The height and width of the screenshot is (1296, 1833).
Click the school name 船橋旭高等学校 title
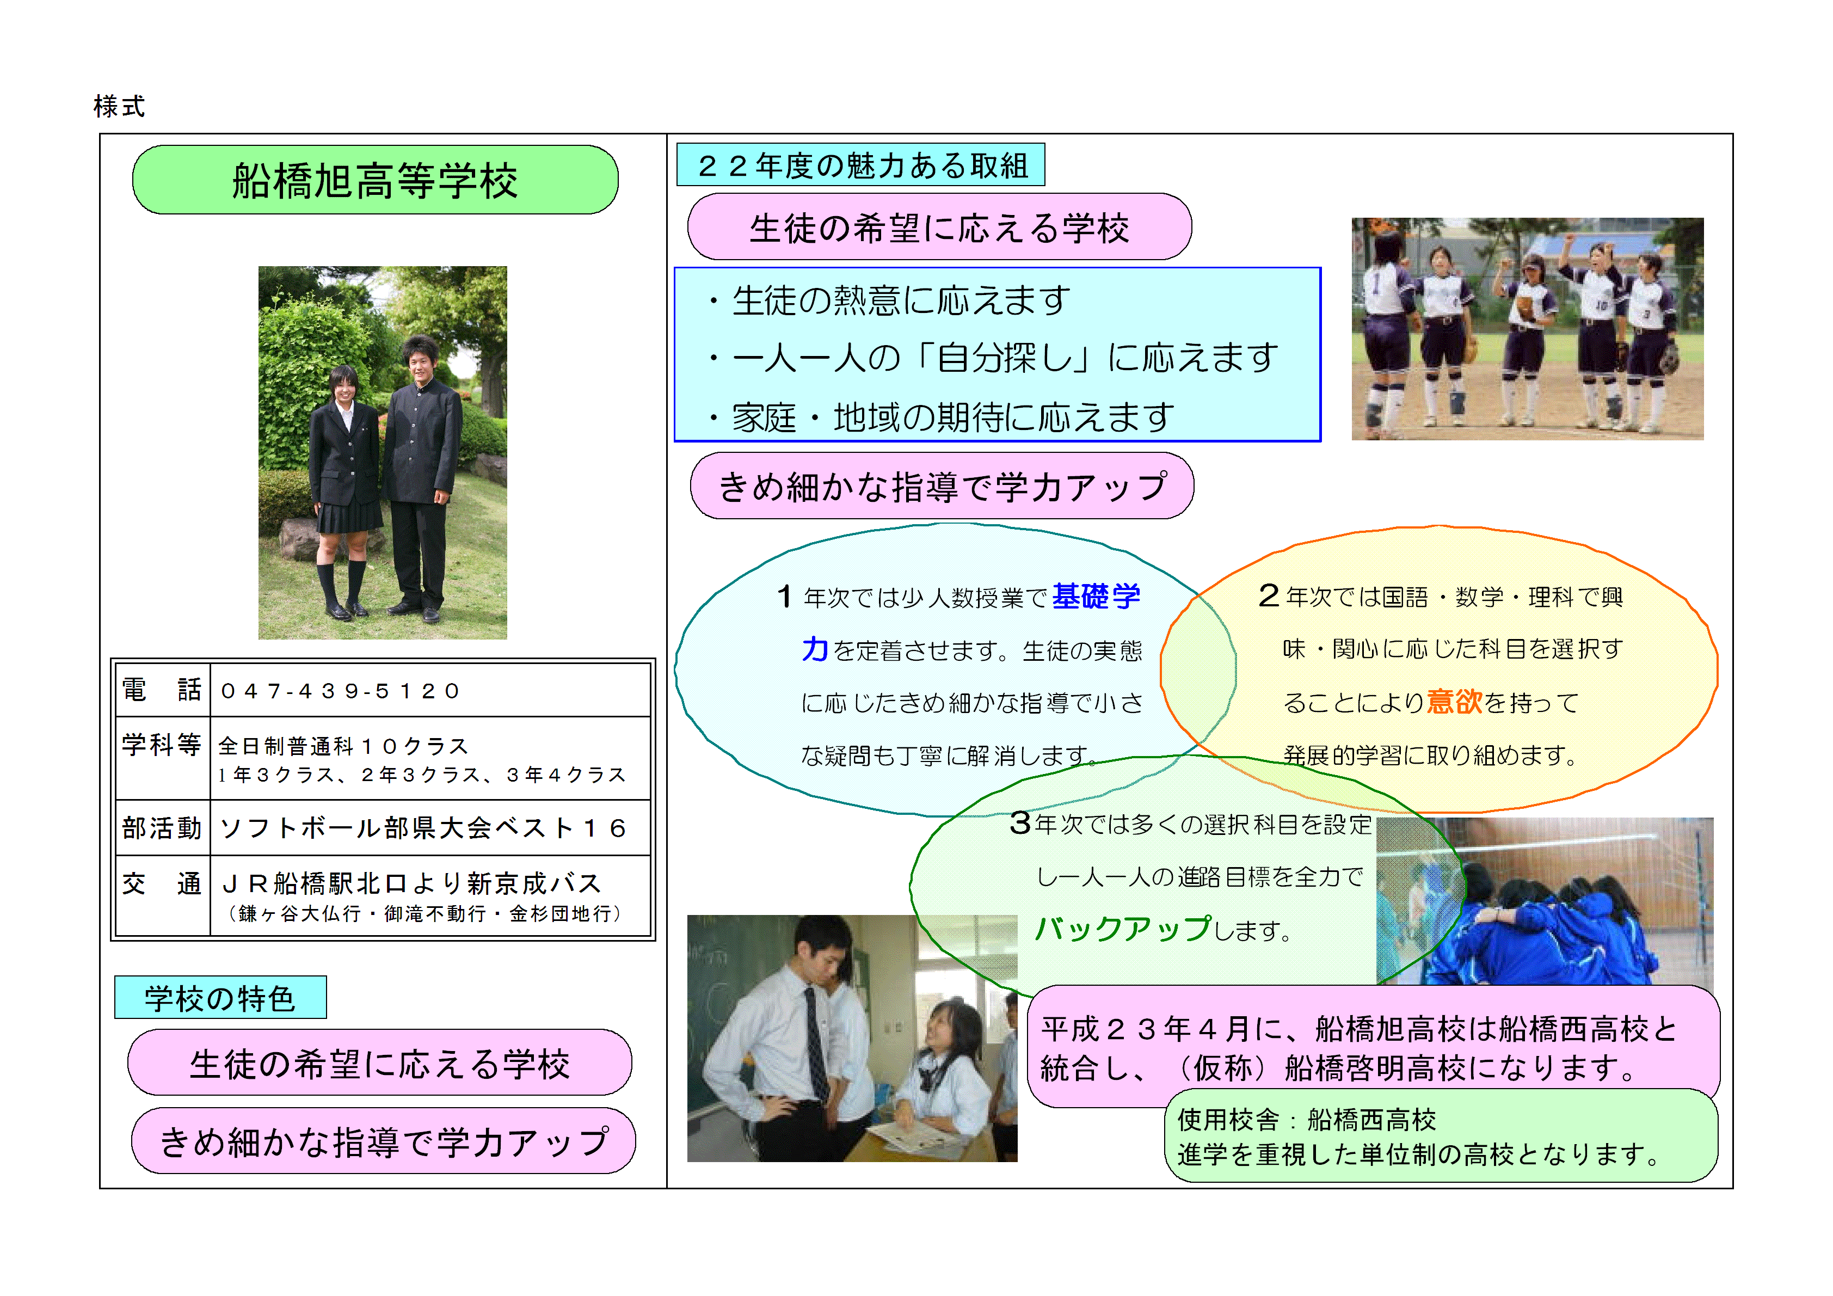(374, 181)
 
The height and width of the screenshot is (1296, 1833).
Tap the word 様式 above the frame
(119, 106)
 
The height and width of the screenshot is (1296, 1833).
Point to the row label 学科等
(161, 745)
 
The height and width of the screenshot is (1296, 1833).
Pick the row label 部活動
(161, 828)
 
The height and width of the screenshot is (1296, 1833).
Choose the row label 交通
(161, 884)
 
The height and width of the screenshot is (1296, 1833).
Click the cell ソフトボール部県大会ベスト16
(423, 828)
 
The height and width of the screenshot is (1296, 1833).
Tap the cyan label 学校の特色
(220, 998)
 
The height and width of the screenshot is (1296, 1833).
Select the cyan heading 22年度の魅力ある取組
(862, 165)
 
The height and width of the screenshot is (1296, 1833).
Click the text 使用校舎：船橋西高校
(1307, 1120)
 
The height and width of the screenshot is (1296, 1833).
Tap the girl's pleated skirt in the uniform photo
(349, 517)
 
